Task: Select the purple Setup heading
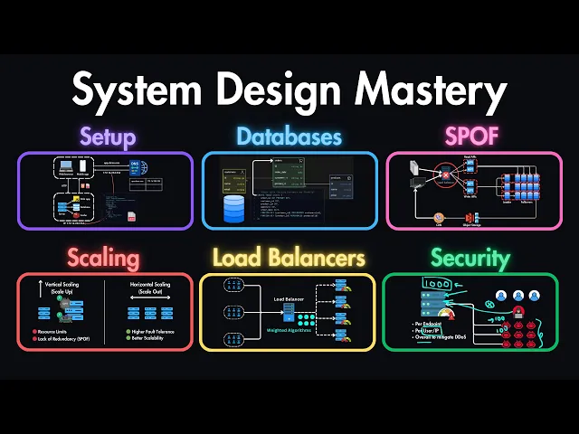pos(107,137)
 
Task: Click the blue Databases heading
pos(289,137)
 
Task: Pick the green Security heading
pos(470,259)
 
